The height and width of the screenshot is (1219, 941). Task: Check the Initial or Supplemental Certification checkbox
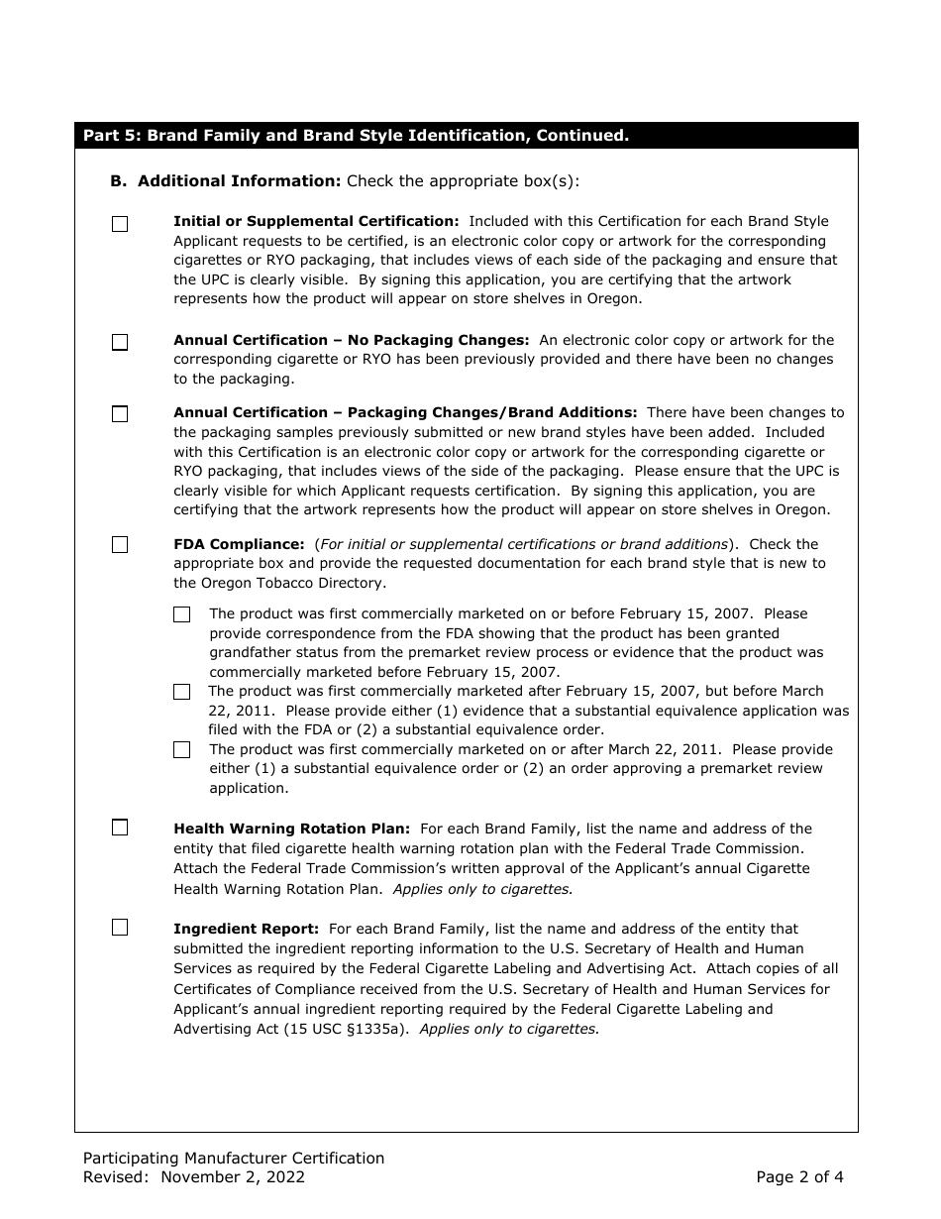coord(120,224)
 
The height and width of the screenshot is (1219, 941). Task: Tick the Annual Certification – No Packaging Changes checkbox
coord(120,343)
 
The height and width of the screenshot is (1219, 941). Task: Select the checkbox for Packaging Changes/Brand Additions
coord(120,414)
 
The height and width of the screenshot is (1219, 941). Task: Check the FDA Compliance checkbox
coord(120,545)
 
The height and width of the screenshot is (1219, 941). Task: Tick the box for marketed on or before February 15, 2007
coord(182,614)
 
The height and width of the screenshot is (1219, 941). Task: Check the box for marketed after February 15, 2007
coord(182,692)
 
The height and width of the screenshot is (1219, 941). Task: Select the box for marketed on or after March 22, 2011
coord(182,750)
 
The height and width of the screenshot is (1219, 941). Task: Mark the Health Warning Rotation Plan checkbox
coord(120,828)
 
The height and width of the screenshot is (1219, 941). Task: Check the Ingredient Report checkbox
coord(120,928)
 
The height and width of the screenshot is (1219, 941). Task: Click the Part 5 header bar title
coord(356,136)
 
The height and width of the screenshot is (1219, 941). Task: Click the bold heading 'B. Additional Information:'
coord(225,181)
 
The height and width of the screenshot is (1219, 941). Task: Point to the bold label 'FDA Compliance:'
coord(239,544)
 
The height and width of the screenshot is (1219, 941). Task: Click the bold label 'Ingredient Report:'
coord(246,929)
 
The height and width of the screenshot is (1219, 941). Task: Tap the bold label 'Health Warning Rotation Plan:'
coord(291,829)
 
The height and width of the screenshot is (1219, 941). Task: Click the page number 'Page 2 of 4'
coord(799,1177)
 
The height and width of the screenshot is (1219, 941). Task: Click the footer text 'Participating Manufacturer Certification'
coord(234,1158)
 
